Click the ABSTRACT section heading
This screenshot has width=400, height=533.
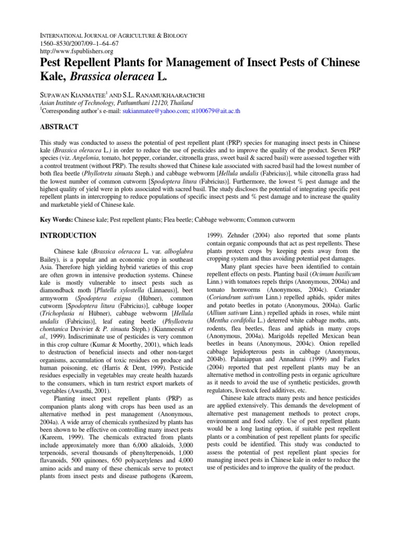pyautogui.click(x=59, y=126)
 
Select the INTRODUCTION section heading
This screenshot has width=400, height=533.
pyautogui.click(x=68, y=235)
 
